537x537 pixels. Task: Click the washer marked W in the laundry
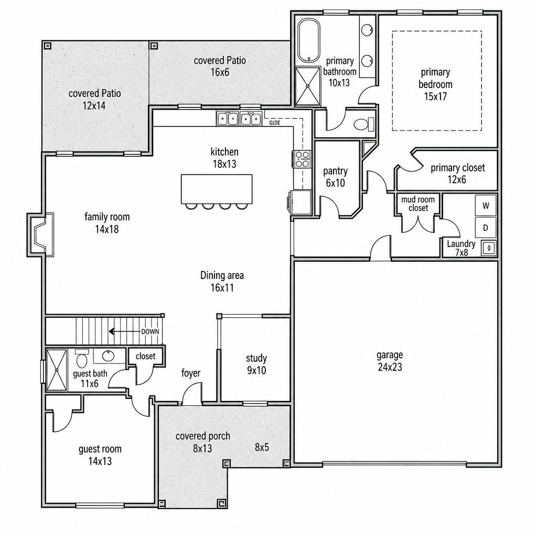click(x=485, y=206)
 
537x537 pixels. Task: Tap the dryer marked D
click(x=485, y=228)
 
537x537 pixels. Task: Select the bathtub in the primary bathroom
click(x=308, y=41)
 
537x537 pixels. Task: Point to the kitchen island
click(x=217, y=189)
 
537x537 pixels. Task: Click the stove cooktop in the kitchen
click(x=302, y=159)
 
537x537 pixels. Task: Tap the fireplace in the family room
click(x=40, y=234)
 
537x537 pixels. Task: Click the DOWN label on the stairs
click(x=150, y=331)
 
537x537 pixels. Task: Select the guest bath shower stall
click(x=57, y=369)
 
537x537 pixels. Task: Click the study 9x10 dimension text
click(x=256, y=370)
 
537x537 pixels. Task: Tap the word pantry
click(x=335, y=171)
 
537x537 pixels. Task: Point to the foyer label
click(x=191, y=373)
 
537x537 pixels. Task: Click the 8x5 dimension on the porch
click(x=262, y=447)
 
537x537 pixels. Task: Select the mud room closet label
click(x=418, y=204)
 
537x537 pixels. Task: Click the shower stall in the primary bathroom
click(x=308, y=87)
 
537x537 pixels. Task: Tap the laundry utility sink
click(x=489, y=248)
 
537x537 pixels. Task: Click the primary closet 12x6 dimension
click(x=457, y=179)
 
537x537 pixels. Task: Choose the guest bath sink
click(x=109, y=356)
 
